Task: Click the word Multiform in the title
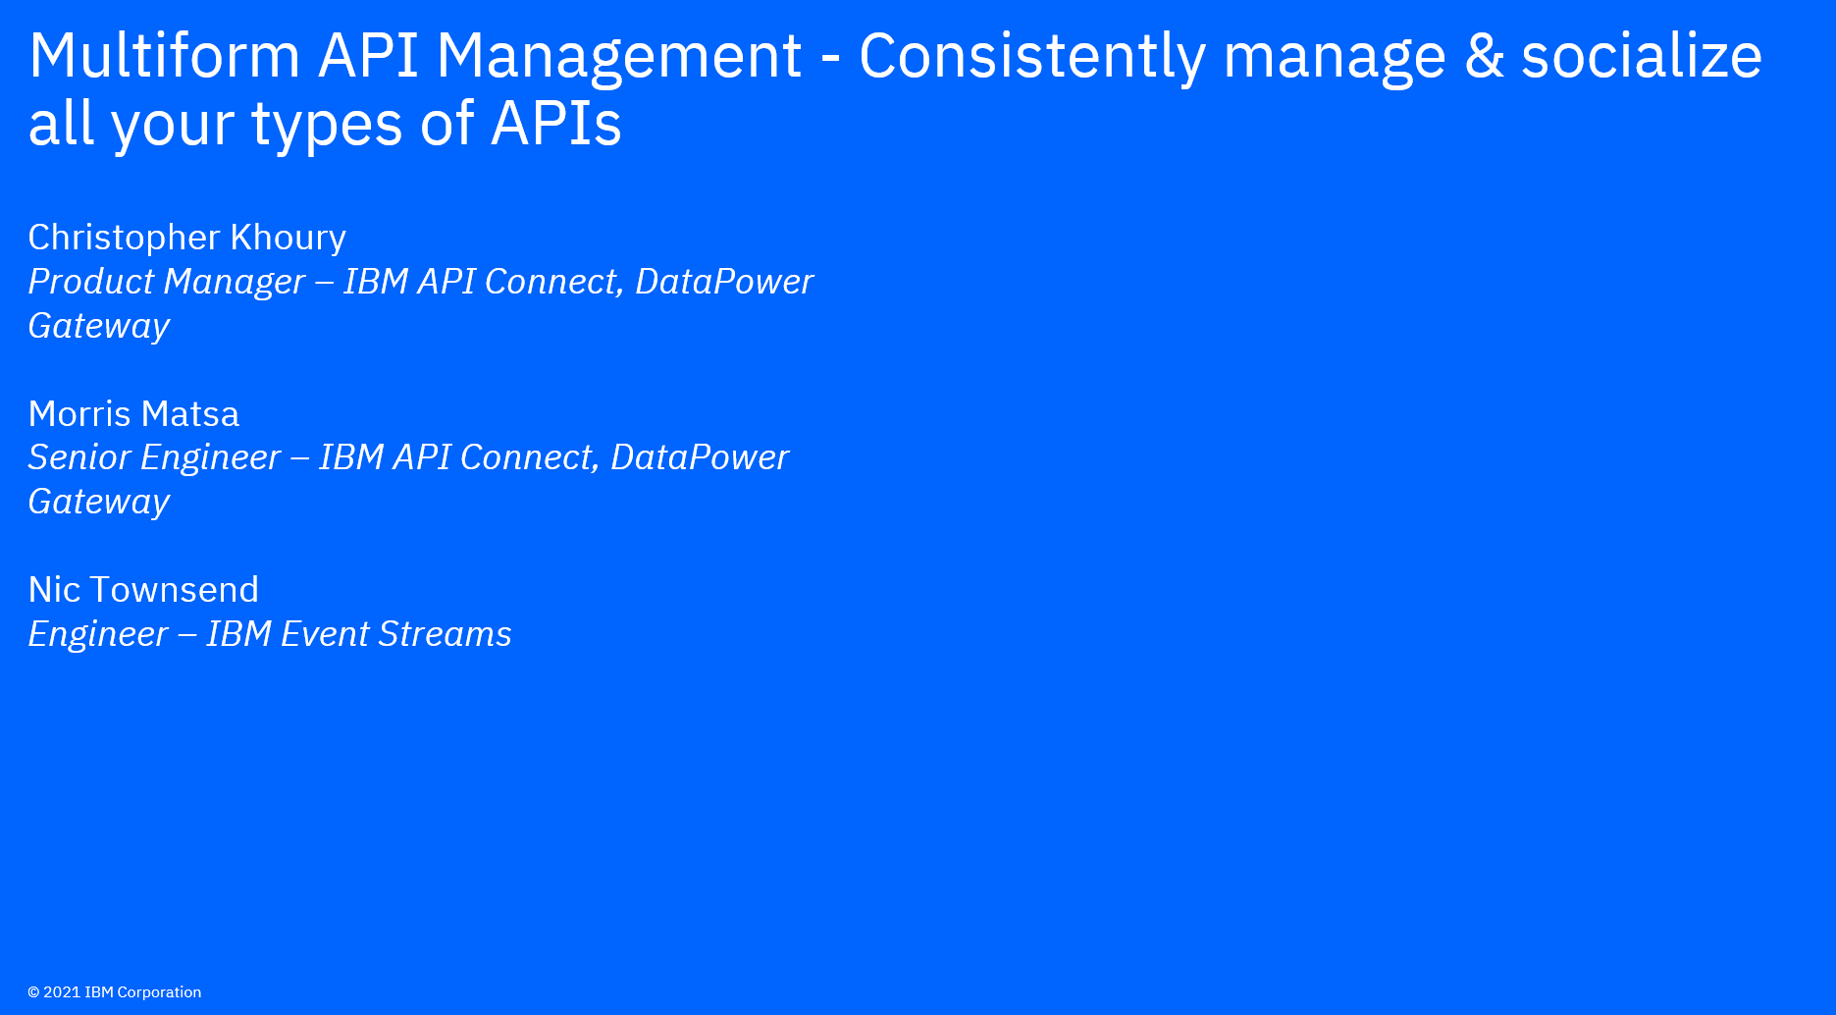(x=165, y=55)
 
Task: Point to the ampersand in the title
(x=1484, y=56)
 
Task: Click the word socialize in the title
(x=1642, y=55)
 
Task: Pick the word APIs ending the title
(x=555, y=124)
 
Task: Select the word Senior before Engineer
(x=79, y=457)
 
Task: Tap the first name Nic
(x=54, y=590)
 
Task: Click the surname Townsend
(x=174, y=590)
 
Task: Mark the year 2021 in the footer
(x=62, y=992)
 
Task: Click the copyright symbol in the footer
(x=33, y=992)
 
